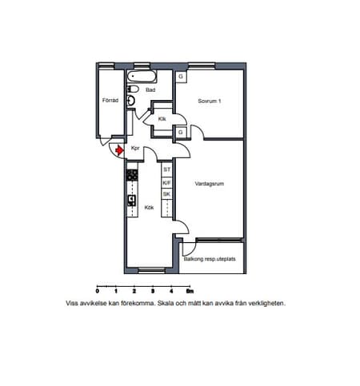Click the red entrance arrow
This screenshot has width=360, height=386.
(x=120, y=151)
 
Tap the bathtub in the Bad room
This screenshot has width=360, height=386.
(x=142, y=77)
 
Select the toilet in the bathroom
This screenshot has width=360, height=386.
(x=133, y=89)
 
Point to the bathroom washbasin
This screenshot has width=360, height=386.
(x=131, y=101)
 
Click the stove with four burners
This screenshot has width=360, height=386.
(x=132, y=175)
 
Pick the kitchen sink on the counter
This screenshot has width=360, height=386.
(x=132, y=200)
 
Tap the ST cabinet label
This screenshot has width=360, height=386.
(x=166, y=169)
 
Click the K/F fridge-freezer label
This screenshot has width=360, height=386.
(x=166, y=183)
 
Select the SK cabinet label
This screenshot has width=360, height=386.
(x=166, y=194)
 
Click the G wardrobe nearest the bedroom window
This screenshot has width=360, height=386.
(x=181, y=77)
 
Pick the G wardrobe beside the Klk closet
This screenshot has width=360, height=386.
(x=181, y=132)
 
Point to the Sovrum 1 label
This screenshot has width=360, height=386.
(x=210, y=101)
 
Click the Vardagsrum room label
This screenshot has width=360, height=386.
(x=210, y=184)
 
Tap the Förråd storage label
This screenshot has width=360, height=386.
(x=110, y=101)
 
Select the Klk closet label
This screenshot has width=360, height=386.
(x=162, y=119)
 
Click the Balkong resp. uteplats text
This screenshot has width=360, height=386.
(x=210, y=259)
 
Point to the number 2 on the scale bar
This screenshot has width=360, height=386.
(x=134, y=291)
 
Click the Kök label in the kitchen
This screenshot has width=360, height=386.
(x=149, y=208)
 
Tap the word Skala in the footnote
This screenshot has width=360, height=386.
(x=166, y=304)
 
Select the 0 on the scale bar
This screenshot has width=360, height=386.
(x=98, y=291)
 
